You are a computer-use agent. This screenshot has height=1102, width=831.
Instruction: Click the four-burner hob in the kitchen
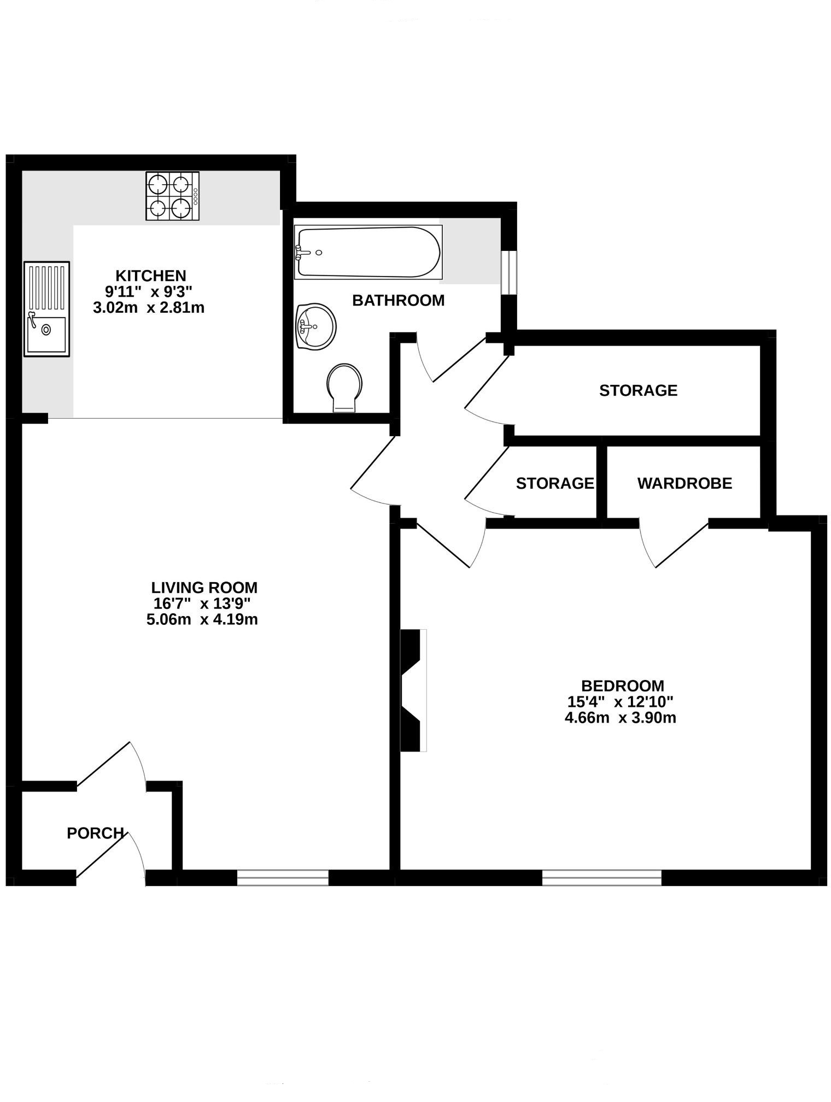point(172,196)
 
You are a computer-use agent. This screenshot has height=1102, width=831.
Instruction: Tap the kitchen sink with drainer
point(46,309)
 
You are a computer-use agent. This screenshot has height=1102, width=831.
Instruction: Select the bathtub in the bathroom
point(368,252)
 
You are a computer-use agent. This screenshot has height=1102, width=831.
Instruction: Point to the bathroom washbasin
point(315,326)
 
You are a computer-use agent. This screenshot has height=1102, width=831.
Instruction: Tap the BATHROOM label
point(398,301)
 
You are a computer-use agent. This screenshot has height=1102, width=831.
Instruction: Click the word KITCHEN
point(150,275)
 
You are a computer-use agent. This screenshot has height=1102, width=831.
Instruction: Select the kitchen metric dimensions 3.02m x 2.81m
point(149,308)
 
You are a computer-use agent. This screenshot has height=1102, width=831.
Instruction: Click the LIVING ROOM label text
point(204,588)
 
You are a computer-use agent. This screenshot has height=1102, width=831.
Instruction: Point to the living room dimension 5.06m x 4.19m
point(202,620)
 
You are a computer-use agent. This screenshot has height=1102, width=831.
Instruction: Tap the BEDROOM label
point(622,685)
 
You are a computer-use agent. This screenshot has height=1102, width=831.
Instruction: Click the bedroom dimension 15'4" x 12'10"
point(621,701)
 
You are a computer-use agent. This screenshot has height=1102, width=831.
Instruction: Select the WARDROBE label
point(684,483)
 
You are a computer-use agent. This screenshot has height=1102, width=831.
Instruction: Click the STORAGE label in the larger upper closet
point(638,390)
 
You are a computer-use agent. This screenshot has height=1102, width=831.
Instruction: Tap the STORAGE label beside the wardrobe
point(554,483)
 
